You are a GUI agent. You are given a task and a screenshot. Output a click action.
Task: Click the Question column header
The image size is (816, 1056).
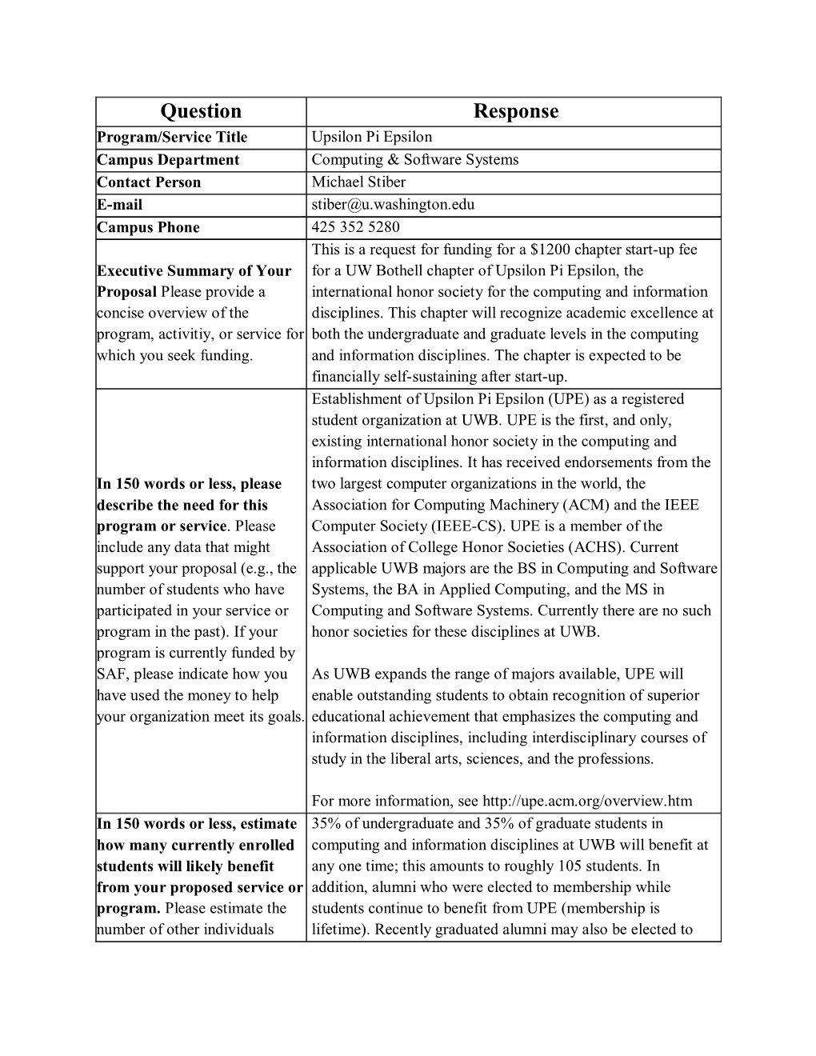pos(200,111)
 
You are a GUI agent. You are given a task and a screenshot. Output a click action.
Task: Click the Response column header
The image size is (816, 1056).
pos(515,111)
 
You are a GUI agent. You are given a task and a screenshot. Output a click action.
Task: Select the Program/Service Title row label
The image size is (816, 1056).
pos(172,137)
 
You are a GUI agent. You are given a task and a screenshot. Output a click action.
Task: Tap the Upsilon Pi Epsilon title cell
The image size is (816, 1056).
pos(371,137)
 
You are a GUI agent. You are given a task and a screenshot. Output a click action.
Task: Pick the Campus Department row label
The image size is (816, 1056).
pos(168,159)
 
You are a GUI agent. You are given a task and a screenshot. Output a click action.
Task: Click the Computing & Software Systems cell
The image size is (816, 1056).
pos(414,159)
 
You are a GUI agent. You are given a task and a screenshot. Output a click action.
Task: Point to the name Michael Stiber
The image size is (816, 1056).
pos(358,182)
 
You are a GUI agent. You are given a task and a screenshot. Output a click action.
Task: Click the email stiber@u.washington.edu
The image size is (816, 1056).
pos(393,204)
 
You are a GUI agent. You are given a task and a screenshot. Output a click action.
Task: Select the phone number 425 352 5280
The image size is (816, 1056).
pos(355,226)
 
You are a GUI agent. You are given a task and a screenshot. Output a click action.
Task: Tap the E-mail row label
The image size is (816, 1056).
pos(119,204)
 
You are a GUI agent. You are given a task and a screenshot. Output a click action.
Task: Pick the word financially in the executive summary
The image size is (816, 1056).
pos(347,376)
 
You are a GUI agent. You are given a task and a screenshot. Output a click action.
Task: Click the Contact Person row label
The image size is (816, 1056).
pos(149,182)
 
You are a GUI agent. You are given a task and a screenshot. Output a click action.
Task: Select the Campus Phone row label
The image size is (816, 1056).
pos(148,226)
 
